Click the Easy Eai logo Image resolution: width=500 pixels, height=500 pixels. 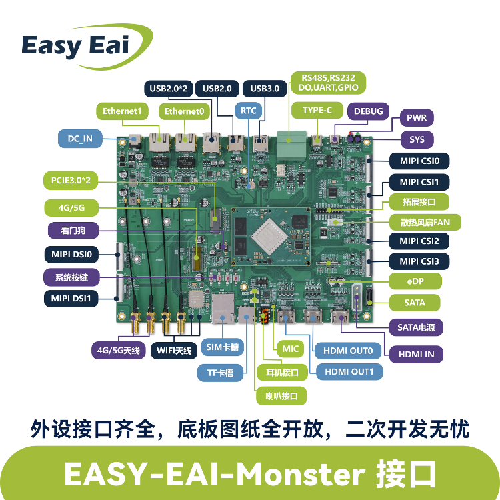(87, 47)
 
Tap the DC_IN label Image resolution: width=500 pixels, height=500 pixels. (80, 139)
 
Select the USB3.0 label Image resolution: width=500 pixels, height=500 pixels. (265, 88)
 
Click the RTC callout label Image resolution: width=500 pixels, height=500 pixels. (248, 111)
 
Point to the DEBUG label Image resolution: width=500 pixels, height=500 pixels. (368, 111)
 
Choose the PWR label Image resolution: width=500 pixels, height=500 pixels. (417, 117)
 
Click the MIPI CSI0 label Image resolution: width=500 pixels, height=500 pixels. (419, 161)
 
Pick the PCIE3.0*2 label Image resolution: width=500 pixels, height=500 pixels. (71, 181)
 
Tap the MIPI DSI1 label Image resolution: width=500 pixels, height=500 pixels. (71, 299)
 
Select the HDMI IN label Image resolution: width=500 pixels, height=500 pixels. (416, 354)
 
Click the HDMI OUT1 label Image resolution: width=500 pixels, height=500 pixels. (349, 372)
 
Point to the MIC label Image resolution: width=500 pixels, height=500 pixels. (290, 349)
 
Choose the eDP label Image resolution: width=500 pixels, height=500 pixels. (415, 281)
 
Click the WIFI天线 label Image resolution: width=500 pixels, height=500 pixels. (174, 351)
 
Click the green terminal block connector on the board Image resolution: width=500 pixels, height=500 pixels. (291, 145)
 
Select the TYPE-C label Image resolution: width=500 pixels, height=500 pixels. (317, 110)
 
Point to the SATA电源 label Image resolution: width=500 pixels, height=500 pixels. (416, 327)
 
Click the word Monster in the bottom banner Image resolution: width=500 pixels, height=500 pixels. (300, 474)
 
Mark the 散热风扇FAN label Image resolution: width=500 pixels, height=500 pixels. (425, 222)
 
